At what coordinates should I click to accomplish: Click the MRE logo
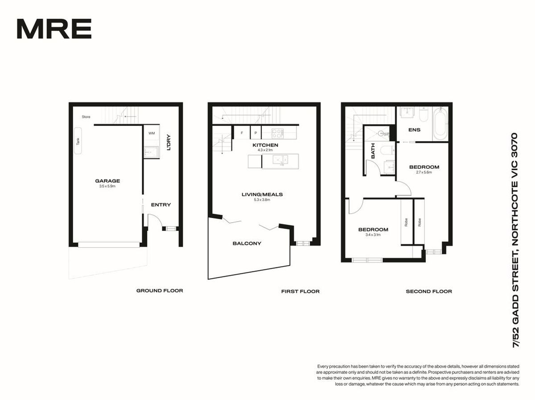coord(54,29)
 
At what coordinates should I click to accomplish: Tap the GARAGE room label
coord(107,181)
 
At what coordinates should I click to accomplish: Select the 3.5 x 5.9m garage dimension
coord(107,186)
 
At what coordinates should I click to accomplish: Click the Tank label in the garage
coord(78,142)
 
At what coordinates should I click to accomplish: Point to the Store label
coord(86,117)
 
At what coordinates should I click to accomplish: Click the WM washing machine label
coord(152,133)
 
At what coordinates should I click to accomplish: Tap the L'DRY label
coord(169,142)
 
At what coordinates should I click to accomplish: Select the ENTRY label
coord(161,205)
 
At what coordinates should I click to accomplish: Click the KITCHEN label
coord(265,145)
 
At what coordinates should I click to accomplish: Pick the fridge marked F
coord(242,133)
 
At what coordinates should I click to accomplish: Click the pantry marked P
coord(255,133)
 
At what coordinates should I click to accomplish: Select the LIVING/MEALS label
coord(262,195)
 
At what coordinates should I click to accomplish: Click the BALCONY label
coord(247,243)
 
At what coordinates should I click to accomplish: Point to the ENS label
coord(414,130)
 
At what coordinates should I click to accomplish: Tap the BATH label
coord(373,151)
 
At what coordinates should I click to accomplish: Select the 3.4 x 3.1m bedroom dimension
coord(373,235)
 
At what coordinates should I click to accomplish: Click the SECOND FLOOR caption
coord(429,292)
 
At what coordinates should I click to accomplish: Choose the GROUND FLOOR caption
coord(160,291)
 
